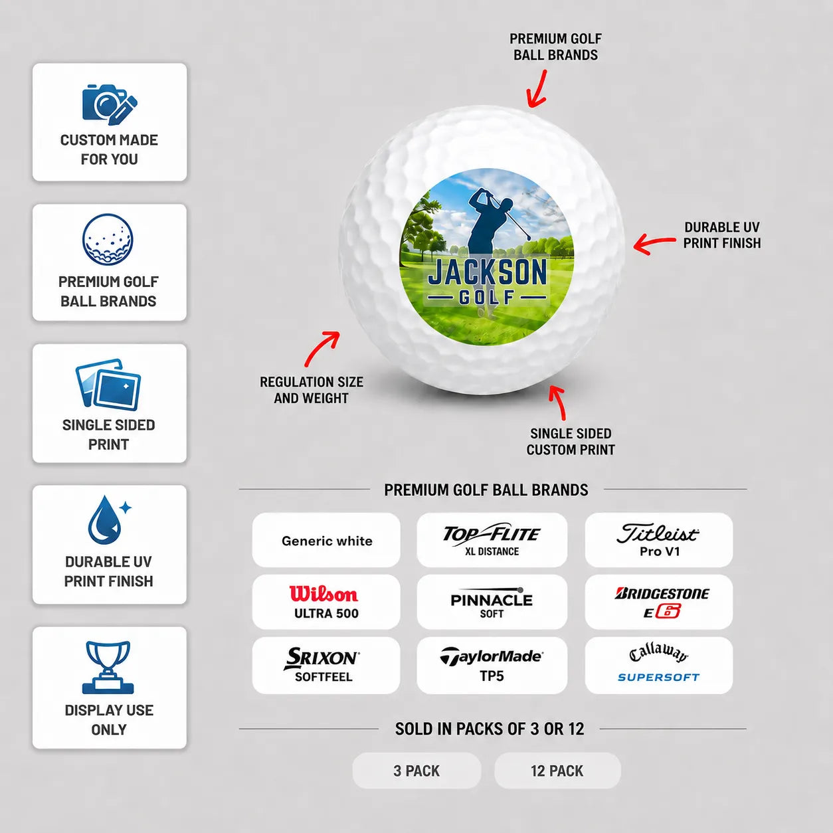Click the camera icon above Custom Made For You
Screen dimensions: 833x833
point(110,104)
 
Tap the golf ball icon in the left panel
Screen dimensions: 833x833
point(108,240)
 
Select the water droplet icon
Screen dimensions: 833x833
point(109,520)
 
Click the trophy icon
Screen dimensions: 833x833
point(108,668)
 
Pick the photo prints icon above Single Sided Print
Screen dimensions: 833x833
point(108,385)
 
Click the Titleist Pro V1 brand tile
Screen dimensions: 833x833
point(659,540)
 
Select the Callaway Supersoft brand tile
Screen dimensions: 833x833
point(659,665)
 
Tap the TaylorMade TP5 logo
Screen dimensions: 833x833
point(492,665)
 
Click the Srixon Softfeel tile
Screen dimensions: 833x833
point(326,665)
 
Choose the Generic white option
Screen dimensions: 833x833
point(326,540)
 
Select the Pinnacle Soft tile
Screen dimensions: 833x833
point(492,602)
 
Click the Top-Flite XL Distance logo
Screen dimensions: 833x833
point(492,540)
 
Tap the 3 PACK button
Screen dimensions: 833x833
point(416,771)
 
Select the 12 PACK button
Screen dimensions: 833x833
point(557,771)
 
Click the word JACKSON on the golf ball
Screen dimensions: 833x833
point(487,272)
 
